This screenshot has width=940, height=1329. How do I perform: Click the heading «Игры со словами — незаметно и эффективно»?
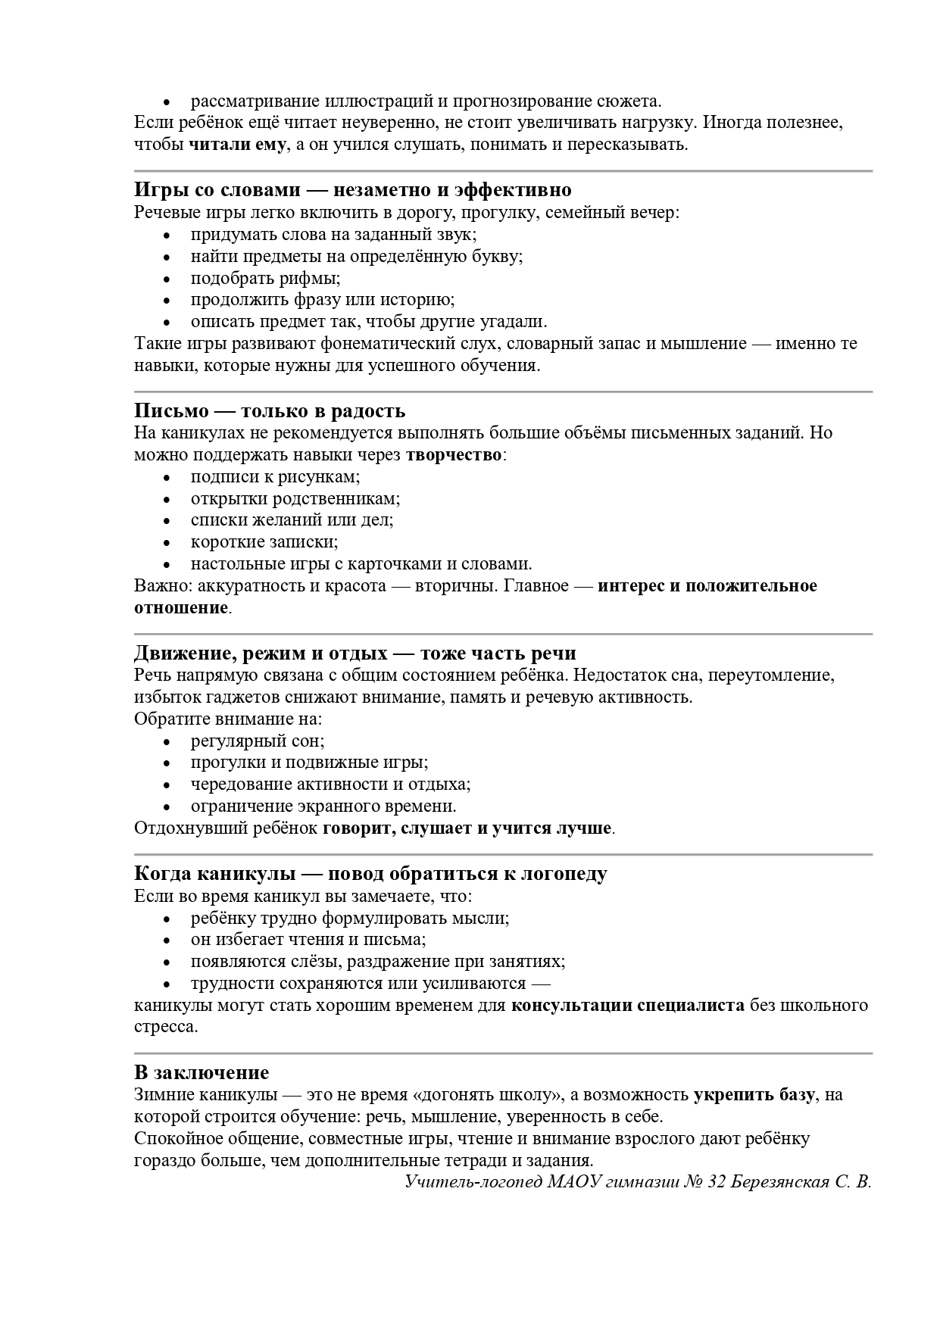(x=352, y=189)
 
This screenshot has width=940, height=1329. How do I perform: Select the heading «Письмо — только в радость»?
(x=270, y=410)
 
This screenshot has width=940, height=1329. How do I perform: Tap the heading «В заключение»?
(x=201, y=1072)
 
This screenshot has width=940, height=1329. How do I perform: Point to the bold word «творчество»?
(x=454, y=455)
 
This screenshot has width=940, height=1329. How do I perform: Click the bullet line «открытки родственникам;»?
(x=295, y=498)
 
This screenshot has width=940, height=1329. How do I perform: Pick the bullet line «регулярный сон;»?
(x=258, y=741)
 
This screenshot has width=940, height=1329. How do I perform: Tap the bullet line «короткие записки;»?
(x=264, y=541)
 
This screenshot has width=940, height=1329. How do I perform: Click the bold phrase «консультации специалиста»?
(x=628, y=1006)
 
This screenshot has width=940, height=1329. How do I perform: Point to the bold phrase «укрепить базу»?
(x=754, y=1094)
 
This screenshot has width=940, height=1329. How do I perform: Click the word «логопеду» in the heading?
(x=560, y=873)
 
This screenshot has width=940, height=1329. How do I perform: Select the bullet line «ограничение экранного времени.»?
(x=323, y=806)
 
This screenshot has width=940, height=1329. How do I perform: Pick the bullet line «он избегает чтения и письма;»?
(x=308, y=940)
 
